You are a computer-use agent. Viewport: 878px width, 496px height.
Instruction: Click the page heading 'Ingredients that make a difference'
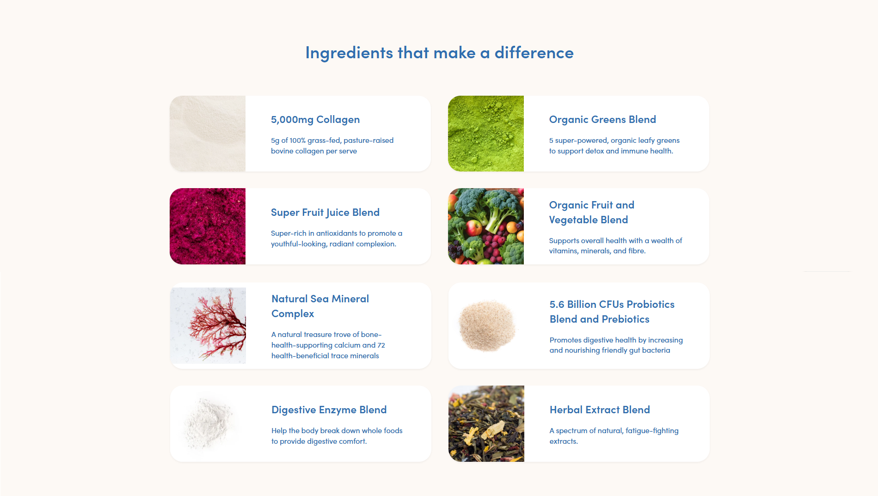click(x=439, y=53)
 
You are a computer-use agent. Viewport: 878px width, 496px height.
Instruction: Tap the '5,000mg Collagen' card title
click(x=315, y=120)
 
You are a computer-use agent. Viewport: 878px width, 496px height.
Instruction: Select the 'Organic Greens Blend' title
click(x=602, y=120)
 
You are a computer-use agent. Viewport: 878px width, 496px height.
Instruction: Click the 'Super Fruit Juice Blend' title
click(x=325, y=213)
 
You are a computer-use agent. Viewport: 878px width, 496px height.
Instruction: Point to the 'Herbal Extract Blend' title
click(x=600, y=410)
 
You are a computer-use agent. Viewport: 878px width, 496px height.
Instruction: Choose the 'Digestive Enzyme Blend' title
click(x=329, y=410)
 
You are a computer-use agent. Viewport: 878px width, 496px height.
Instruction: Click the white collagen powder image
click(x=208, y=134)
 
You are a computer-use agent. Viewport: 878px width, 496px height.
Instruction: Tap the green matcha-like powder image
click(x=486, y=134)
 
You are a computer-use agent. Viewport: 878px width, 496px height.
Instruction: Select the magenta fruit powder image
click(x=208, y=226)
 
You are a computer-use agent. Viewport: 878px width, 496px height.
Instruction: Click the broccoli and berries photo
click(x=486, y=226)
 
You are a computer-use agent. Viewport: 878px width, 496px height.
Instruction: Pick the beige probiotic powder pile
click(x=487, y=325)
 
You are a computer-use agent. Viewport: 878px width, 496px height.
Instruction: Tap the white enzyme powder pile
click(x=208, y=423)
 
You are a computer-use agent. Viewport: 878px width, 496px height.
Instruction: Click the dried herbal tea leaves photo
click(x=486, y=423)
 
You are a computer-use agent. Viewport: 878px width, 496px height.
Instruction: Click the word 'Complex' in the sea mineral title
click(x=293, y=314)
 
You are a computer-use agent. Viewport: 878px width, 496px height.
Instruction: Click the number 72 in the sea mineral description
click(x=381, y=345)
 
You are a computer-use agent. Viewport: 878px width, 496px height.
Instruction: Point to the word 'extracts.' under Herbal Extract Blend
click(x=564, y=441)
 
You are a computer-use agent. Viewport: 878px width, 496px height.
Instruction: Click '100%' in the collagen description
click(x=298, y=141)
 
